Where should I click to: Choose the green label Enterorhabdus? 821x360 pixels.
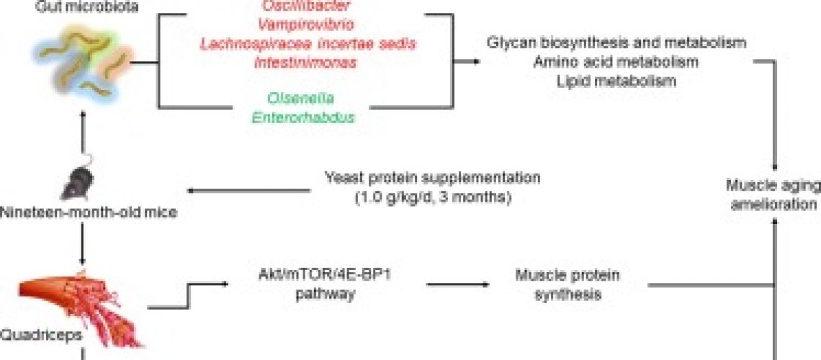coord(303,117)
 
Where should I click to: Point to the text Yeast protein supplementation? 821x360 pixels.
coord(432,178)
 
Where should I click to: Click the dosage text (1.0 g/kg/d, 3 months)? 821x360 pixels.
coord(432,196)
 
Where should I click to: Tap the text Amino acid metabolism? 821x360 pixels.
coord(616,62)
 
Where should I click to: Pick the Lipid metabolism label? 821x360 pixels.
coord(616,80)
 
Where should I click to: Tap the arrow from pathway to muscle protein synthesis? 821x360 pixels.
coord(458,284)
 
